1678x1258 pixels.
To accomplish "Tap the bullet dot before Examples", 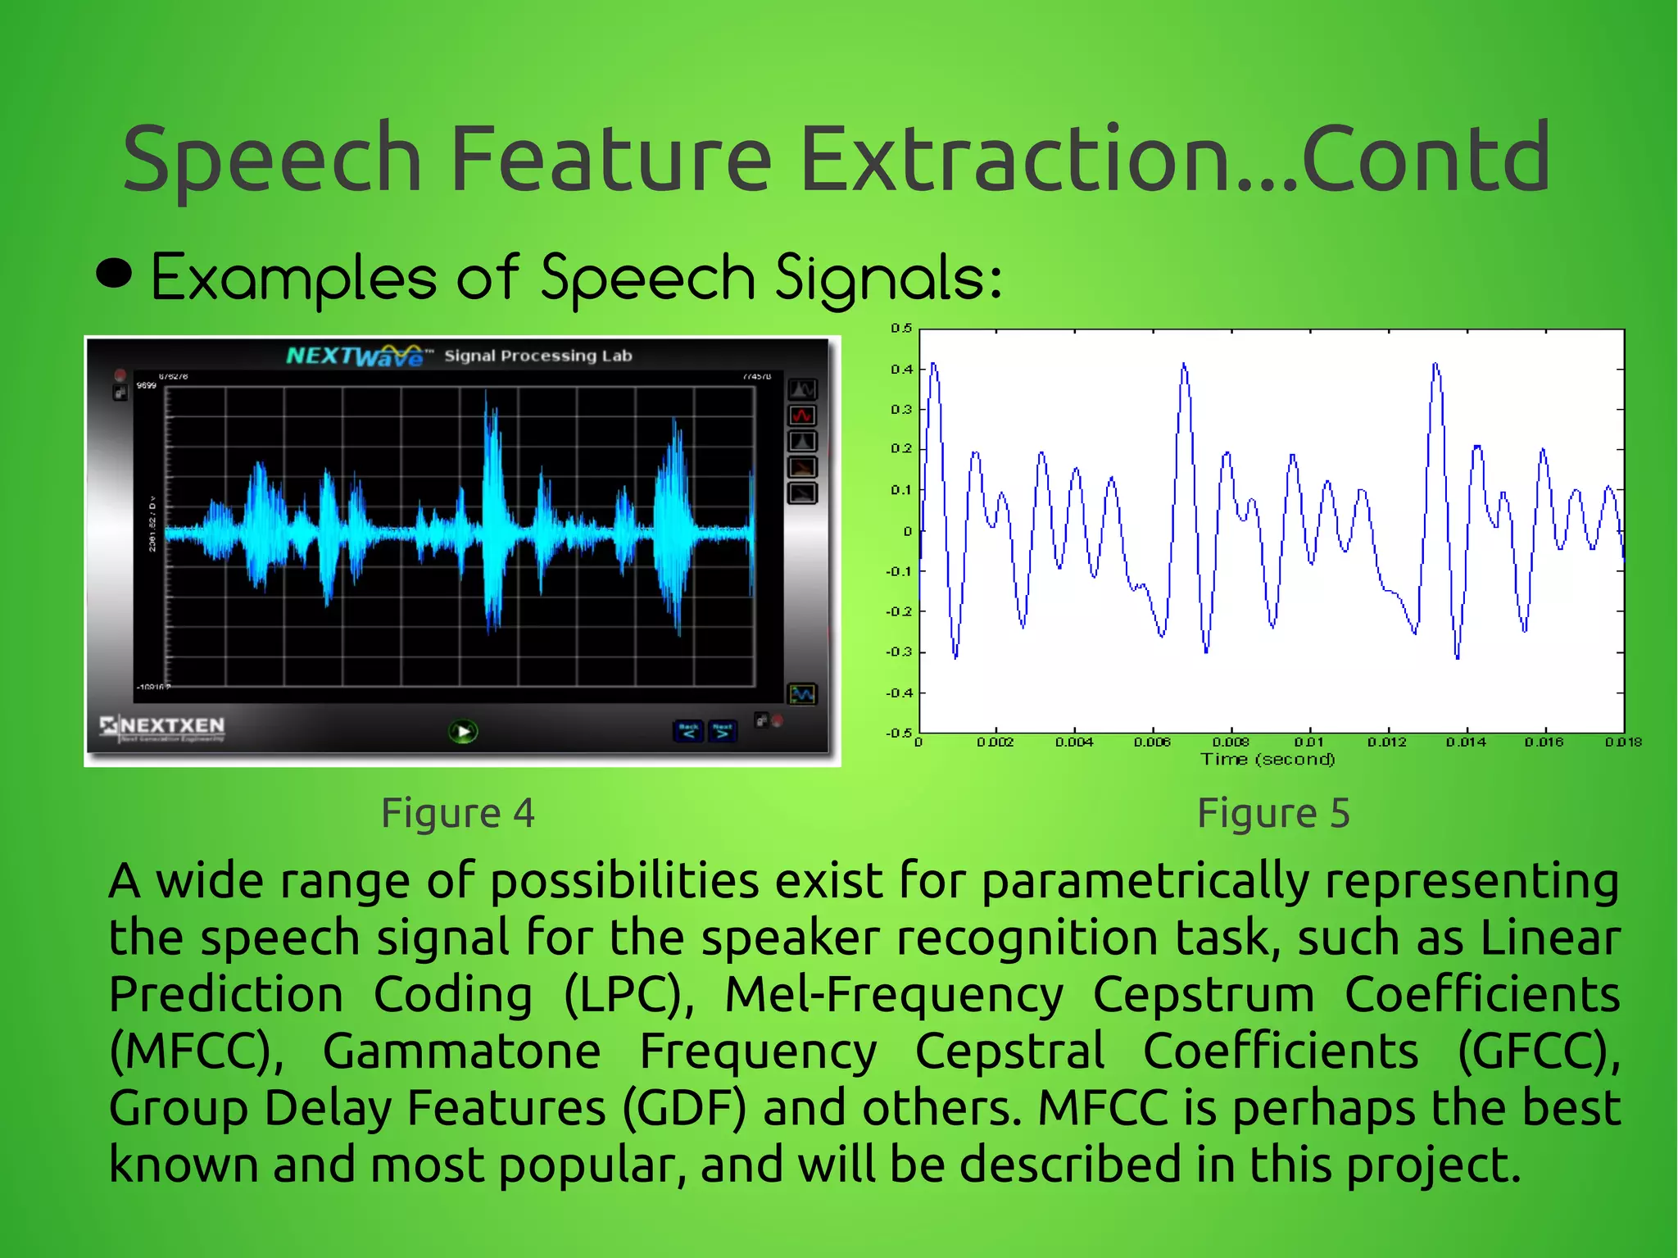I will pyautogui.click(x=114, y=274).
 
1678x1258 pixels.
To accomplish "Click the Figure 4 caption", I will pyautogui.click(x=458, y=813).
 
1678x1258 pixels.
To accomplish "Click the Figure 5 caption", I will pyautogui.click(x=1273, y=813).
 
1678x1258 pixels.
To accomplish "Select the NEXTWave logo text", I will pyautogui.click(x=355, y=356).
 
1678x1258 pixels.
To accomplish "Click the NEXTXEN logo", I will pyautogui.click(x=163, y=726).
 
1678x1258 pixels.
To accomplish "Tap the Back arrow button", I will pyautogui.click(x=688, y=731).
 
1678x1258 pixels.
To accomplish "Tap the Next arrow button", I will pyautogui.click(x=722, y=731).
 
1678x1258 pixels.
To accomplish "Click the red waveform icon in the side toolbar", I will pyautogui.click(x=802, y=416).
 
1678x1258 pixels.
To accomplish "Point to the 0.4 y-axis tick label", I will pyautogui.click(x=901, y=370).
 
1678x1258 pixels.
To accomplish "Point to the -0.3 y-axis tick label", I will pyautogui.click(x=899, y=652).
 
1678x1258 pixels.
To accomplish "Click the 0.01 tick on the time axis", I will pyautogui.click(x=1308, y=742).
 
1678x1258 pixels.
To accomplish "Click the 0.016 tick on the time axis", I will pyautogui.click(x=1544, y=742).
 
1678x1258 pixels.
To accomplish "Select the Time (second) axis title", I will pyautogui.click(x=1268, y=760).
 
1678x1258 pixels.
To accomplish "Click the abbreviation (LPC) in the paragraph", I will pyautogui.click(x=628, y=995).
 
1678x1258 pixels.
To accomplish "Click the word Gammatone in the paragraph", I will pyautogui.click(x=461, y=1051).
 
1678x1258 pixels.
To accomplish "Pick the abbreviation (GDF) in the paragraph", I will pyautogui.click(x=684, y=1108).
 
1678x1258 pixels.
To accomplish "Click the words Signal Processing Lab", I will pyautogui.click(x=538, y=356).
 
